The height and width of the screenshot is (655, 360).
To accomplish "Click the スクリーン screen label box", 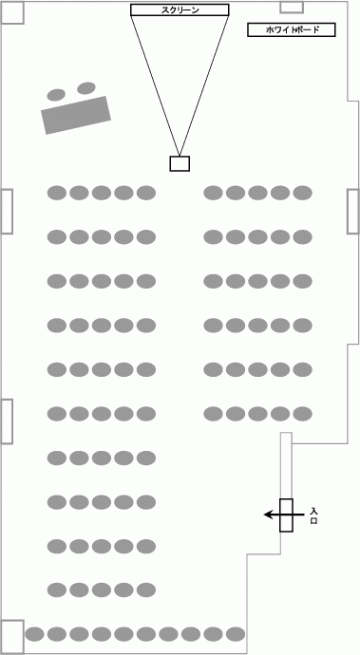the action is [180, 10].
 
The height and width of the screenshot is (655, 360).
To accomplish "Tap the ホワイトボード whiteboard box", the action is [292, 30].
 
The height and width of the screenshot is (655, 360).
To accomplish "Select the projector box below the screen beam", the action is [180, 164].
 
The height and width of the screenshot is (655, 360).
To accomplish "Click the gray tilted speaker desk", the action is [76, 115].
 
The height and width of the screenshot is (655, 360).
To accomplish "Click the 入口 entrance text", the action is [314, 515].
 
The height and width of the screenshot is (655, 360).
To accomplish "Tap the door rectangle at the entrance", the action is [286, 515].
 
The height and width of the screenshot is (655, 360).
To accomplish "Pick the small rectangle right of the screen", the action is [291, 7].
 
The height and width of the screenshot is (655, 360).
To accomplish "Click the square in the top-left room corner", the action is [13, 13].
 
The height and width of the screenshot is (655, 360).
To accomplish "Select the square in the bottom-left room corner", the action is [12, 637].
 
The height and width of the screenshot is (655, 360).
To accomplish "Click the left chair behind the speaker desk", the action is [56, 95].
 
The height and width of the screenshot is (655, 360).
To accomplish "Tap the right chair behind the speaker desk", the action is [86, 88].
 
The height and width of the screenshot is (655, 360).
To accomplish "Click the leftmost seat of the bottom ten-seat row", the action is [35, 634].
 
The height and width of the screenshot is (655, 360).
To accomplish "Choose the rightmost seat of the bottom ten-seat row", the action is [235, 634].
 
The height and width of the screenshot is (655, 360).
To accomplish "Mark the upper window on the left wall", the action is [7, 211].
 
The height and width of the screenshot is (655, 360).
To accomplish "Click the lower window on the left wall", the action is [7, 421].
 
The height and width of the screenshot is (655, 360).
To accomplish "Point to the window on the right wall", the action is [353, 211].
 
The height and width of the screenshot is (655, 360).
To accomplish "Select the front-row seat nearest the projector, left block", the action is [146, 193].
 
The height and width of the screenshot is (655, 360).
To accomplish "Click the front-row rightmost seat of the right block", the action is [302, 193].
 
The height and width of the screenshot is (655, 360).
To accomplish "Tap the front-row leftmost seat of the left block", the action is [57, 193].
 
